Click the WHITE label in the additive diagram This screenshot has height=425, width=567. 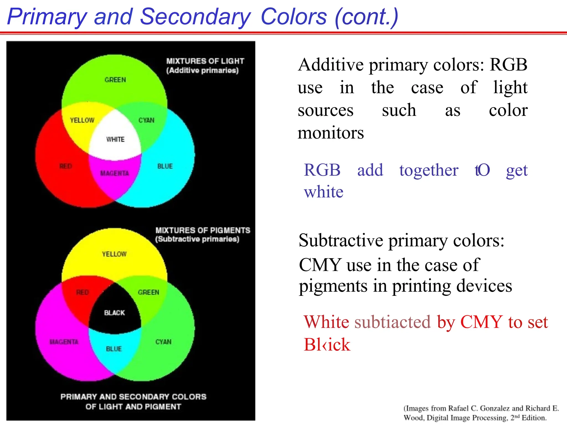115,139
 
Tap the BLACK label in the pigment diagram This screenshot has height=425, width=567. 114,313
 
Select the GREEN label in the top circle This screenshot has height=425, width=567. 115,80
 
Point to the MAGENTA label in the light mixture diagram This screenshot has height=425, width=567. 114,173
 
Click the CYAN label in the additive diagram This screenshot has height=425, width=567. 146,120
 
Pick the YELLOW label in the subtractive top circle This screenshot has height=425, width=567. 114,254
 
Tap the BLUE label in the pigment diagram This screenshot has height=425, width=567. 114,349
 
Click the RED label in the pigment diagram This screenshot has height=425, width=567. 83,292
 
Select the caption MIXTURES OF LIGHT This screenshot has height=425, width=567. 205,61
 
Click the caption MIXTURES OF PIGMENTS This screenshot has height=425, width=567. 203,230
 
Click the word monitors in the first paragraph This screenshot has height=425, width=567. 331,133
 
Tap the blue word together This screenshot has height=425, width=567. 429,170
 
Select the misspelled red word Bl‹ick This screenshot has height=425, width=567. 327,344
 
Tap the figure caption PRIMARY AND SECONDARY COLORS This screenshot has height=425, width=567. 133,397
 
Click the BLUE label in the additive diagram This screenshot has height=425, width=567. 165,166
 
